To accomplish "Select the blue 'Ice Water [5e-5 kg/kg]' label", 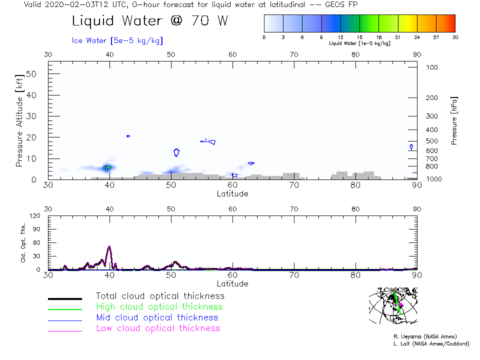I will point(117,40).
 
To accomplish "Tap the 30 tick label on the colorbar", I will point(454,37).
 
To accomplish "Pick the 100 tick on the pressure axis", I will point(432,67).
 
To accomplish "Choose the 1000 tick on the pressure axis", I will point(433,178).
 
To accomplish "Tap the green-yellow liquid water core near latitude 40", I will point(106,167).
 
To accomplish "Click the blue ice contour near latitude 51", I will point(176,152).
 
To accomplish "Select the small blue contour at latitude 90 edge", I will point(411,147).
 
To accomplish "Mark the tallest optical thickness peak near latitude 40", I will point(109,247).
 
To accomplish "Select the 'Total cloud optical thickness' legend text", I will point(160,296).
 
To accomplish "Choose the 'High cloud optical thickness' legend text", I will point(159,307).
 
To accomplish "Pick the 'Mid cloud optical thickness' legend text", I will point(156,317).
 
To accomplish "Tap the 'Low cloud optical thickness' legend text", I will point(157,328).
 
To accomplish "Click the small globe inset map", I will point(393,305).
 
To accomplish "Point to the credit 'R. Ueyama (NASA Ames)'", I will point(424,336).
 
